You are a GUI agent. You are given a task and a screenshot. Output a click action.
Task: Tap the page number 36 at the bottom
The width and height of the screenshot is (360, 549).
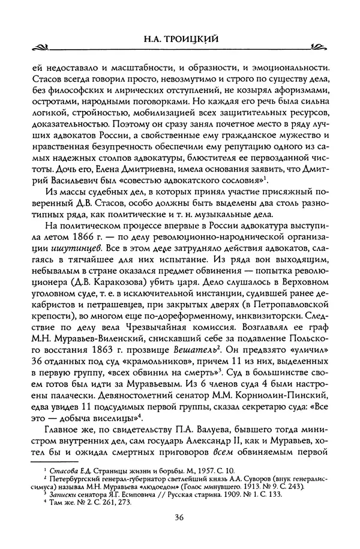coord(179,517)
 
